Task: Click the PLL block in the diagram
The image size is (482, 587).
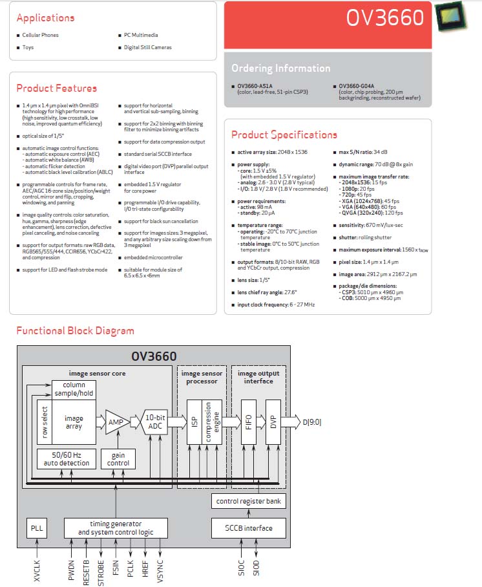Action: pos(37,528)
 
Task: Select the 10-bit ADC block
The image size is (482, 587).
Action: pos(155,422)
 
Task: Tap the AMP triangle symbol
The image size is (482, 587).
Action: pos(117,422)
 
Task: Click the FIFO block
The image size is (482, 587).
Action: pos(249,422)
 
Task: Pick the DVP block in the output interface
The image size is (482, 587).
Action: pos(273,422)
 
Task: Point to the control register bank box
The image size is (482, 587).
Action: pos(249,501)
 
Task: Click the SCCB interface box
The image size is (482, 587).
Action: pos(249,528)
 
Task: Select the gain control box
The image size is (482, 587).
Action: pos(118,459)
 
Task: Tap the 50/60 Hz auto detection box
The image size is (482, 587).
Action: pos(67,459)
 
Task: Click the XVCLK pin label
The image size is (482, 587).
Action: pos(37,571)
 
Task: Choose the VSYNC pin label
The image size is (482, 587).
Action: pos(160,571)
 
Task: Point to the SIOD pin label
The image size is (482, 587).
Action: pos(256,568)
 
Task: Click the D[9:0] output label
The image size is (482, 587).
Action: pos(311,422)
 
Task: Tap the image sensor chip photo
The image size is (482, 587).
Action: pos(452,16)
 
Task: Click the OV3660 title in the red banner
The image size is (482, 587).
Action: pos(384,17)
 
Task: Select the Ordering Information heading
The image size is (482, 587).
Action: pos(280,68)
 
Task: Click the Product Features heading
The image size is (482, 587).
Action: pos(56,89)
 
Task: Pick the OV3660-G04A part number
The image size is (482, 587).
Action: pos(356,86)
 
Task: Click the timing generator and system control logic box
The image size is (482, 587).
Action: pos(116,528)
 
